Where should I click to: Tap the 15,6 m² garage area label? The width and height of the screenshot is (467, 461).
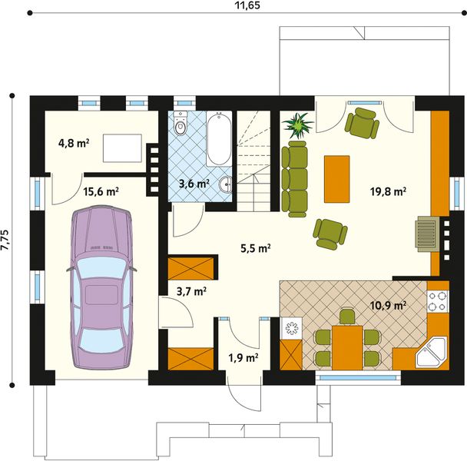[100, 192]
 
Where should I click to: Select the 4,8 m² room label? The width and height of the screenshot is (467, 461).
[74, 142]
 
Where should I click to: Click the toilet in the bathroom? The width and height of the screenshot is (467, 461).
[181, 126]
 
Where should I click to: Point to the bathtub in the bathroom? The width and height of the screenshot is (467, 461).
[218, 139]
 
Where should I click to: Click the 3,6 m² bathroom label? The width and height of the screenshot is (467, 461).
[194, 184]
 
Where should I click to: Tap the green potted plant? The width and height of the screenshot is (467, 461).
[297, 124]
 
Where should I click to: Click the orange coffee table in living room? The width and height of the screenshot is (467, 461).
[336, 178]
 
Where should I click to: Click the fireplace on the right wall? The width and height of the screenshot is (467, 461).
[427, 234]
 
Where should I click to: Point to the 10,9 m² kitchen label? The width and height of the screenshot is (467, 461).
[389, 305]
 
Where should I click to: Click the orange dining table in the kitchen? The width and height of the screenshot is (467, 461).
[347, 346]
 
